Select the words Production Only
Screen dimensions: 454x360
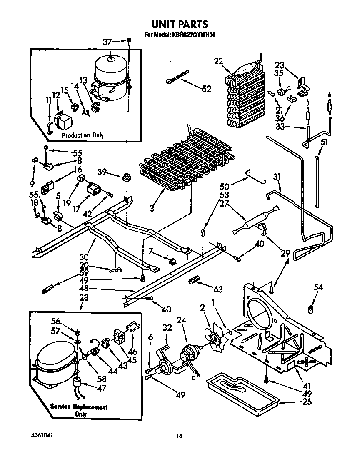(x=82, y=135)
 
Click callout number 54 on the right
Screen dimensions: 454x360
(x=318, y=287)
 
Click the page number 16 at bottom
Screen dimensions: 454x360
(x=179, y=436)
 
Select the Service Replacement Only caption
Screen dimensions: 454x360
(x=79, y=410)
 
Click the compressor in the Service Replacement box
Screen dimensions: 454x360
(x=54, y=367)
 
